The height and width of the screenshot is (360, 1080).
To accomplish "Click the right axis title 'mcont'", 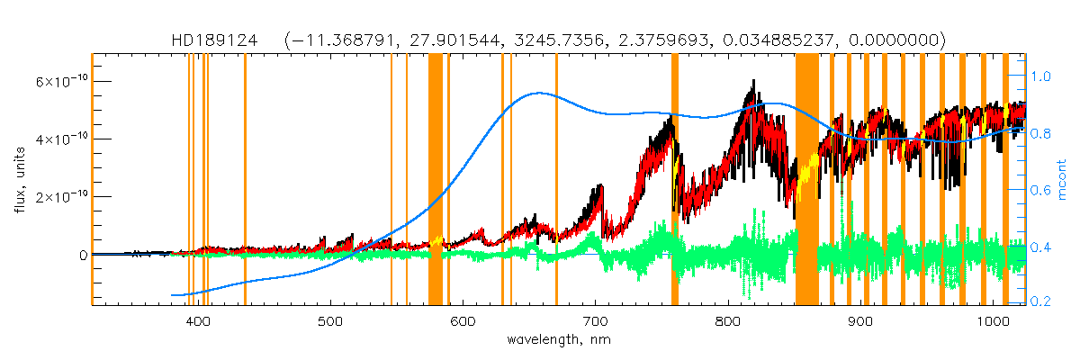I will [x=1062, y=180].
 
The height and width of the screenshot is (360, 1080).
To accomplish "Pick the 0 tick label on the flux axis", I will [x=83, y=255].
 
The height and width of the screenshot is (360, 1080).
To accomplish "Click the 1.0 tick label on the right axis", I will [x=1039, y=77].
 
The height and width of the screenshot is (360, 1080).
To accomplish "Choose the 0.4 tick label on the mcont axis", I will [x=1039, y=246].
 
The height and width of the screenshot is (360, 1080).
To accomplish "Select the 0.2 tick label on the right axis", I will [x=1039, y=301].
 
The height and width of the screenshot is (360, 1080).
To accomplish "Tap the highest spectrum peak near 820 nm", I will [x=751, y=81].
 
